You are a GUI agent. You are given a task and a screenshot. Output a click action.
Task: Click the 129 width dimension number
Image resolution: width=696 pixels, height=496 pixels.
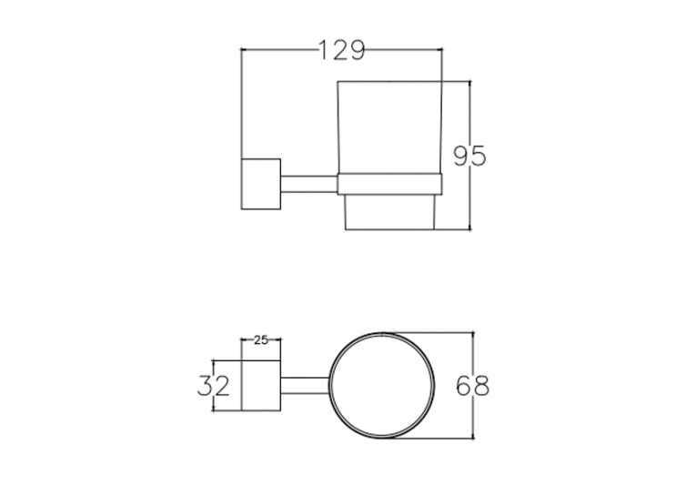[x=342, y=50]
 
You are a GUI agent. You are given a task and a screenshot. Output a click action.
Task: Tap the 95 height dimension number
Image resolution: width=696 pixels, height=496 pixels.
[x=469, y=156]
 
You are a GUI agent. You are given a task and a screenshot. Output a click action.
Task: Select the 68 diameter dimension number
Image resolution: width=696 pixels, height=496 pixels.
[x=473, y=386]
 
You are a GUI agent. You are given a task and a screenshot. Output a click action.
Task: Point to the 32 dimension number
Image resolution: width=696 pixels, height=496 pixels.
[x=214, y=386]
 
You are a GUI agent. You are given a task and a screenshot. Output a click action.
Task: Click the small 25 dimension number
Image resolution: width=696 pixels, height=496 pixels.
[x=261, y=339]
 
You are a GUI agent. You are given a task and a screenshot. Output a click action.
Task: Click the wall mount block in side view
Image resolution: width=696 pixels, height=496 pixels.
[x=261, y=184]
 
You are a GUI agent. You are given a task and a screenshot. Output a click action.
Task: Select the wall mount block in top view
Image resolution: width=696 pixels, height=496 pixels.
[x=261, y=386]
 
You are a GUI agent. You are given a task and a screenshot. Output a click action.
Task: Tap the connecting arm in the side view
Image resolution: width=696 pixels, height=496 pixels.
[x=309, y=184]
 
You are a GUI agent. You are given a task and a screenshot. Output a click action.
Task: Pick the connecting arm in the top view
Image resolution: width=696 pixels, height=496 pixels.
[x=305, y=386]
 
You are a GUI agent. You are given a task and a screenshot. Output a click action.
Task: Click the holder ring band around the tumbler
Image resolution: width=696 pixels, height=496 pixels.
[x=389, y=184]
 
